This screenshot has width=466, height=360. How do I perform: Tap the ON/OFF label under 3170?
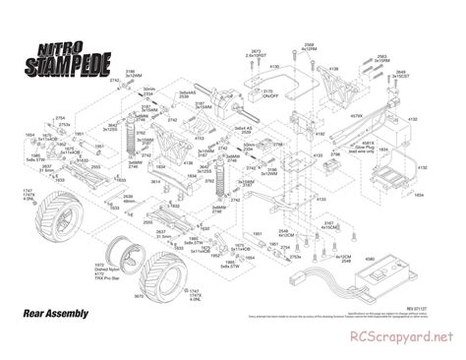pos(266,97)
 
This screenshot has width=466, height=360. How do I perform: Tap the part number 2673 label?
pos(255,50)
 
